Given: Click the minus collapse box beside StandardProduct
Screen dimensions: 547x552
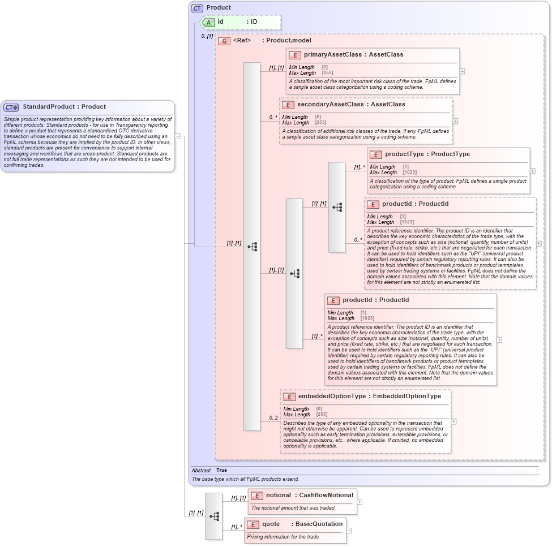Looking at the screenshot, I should (x=177, y=136).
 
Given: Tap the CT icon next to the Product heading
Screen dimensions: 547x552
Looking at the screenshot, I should (x=197, y=8).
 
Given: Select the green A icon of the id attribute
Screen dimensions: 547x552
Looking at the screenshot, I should (x=208, y=22).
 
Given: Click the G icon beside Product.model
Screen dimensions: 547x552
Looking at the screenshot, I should (x=224, y=41).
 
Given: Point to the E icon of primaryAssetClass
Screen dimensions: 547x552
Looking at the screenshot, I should (x=294, y=55).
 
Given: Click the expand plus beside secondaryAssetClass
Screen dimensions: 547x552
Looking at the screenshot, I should (x=456, y=121).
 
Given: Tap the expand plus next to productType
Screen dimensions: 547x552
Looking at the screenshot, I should (x=533, y=170).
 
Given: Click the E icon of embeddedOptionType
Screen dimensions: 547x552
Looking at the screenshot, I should (x=289, y=397).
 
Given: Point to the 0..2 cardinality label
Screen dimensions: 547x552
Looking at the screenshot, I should (x=273, y=418).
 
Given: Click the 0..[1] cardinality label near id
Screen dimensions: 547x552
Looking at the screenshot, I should (x=207, y=36).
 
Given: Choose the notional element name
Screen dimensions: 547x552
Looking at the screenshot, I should (x=279, y=496).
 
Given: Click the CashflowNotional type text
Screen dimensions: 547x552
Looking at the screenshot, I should (x=326, y=496).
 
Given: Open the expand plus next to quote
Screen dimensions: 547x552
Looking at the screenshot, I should (x=349, y=531).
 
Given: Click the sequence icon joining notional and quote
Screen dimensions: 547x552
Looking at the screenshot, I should (x=214, y=516).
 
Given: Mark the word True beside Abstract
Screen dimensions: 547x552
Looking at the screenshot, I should (x=221, y=470).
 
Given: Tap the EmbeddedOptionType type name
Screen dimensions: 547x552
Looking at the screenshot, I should (x=407, y=397).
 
